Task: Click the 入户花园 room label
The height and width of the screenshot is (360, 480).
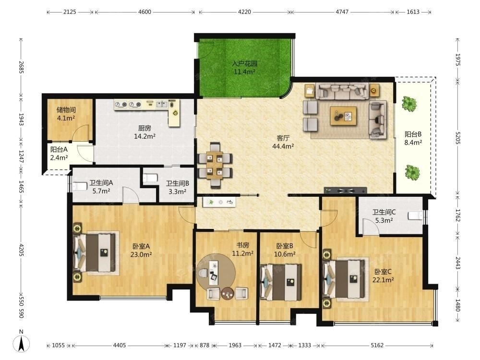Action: pos(244,64)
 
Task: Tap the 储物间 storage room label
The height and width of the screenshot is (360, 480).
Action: pos(66,110)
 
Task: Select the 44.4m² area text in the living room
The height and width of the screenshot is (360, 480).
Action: pos(283,146)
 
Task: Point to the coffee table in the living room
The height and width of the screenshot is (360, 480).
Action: pos(343,116)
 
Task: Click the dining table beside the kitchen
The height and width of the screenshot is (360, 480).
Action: pos(215,165)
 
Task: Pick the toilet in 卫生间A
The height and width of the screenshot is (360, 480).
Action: pos(80,186)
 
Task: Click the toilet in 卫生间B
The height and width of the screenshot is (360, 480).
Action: pos(150,178)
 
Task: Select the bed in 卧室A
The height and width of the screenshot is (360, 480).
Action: pos(95,252)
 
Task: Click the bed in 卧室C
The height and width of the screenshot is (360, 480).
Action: pos(345,278)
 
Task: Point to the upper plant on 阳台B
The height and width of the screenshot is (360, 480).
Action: pos(409,104)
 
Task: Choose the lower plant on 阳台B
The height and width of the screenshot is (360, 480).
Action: pos(412,172)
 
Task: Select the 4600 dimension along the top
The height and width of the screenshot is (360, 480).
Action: pos(144,12)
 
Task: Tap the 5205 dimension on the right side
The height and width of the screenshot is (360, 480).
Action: pos(457,138)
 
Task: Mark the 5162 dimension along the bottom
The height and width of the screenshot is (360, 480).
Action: pos(377,345)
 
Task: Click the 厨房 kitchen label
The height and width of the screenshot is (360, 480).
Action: pos(144,128)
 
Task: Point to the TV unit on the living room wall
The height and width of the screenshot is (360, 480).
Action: pos(345,191)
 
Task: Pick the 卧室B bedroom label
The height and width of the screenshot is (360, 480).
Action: pos(285,246)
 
